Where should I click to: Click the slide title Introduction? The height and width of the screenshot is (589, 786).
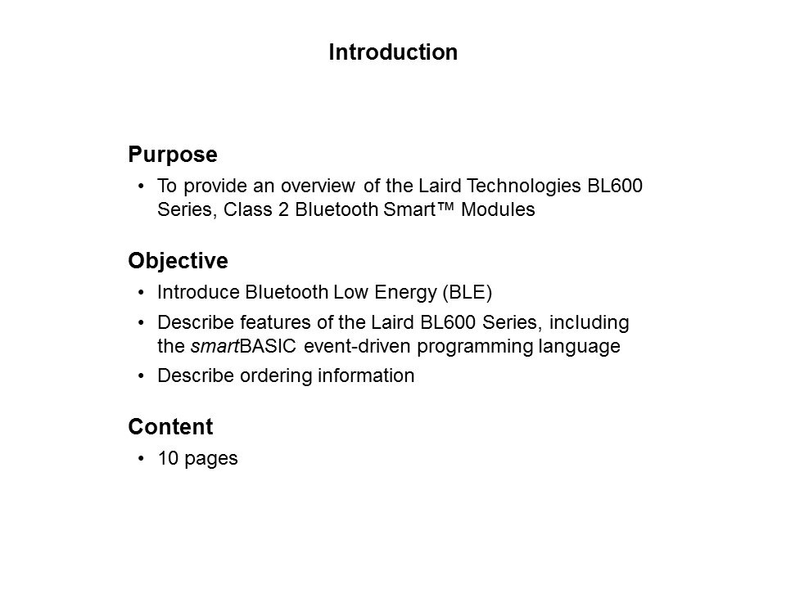tap(392, 53)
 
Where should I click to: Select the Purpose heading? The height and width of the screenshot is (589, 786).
tap(173, 155)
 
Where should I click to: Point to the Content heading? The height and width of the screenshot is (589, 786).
tap(170, 427)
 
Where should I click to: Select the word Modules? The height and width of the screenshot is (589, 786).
tap(499, 210)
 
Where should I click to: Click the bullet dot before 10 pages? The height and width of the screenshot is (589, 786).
tap(143, 459)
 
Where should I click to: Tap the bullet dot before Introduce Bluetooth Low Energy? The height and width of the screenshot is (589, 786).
tap(143, 292)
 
